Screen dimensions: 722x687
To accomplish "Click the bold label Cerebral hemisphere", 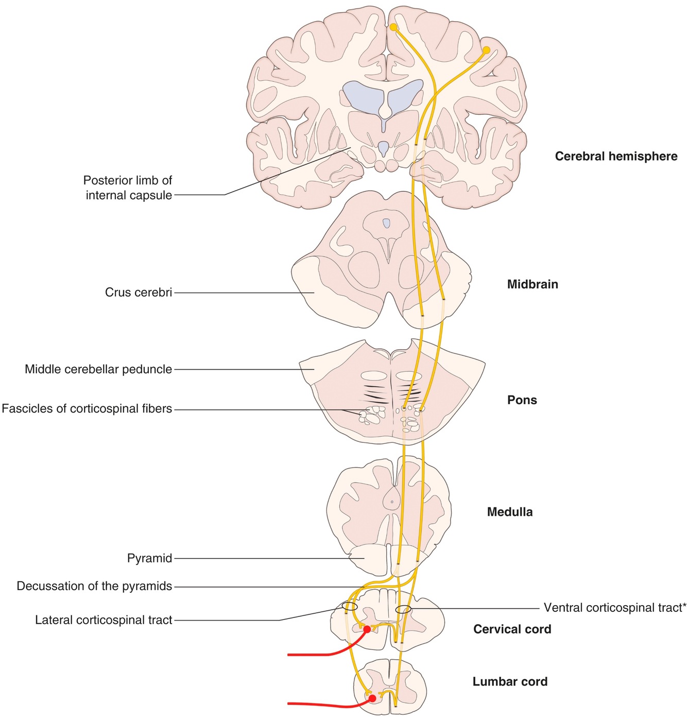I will click(x=616, y=157).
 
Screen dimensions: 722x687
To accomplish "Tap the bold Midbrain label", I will click(x=533, y=284).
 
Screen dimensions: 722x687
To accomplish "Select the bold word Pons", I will click(x=522, y=400).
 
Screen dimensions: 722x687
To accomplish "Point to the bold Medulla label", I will click(x=509, y=512).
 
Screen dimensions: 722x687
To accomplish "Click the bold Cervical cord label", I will click(x=512, y=629).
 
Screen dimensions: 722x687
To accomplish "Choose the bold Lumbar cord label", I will click(x=510, y=682).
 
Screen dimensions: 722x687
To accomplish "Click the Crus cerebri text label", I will click(x=138, y=293).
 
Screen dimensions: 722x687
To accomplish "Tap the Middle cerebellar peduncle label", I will click(x=98, y=369).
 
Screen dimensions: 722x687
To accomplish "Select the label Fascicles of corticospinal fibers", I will click(x=87, y=409).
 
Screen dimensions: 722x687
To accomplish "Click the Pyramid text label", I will click(x=149, y=558).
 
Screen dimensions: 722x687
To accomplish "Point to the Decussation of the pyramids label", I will click(x=94, y=586).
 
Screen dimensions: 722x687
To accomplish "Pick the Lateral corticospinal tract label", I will click(x=104, y=620).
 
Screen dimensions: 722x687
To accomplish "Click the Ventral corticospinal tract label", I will click(x=614, y=608).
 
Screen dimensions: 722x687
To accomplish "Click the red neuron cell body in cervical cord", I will click(x=367, y=629).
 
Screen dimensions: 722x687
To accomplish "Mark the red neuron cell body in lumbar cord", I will click(x=371, y=699).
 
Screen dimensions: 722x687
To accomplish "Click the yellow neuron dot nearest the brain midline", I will click(x=393, y=27).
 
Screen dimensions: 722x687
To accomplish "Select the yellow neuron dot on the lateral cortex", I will click(x=486, y=50).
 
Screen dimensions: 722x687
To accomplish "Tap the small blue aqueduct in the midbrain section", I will click(x=386, y=223).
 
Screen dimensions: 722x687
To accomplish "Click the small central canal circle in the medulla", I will click(x=392, y=501).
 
